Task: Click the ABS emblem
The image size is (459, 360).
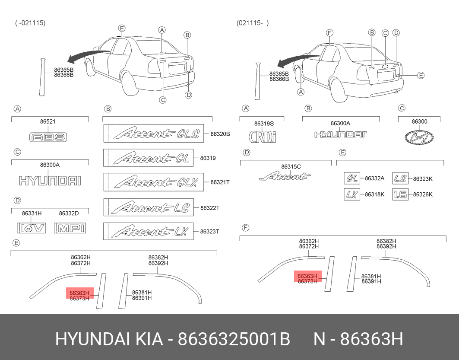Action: (48, 137)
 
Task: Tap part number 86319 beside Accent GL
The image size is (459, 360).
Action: (208, 158)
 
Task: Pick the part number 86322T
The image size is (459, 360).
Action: (210, 208)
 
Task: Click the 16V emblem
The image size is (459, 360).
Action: (32, 228)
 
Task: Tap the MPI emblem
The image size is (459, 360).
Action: (70, 228)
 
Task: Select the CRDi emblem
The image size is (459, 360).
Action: (262, 136)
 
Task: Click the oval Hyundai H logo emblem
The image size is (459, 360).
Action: (419, 137)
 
